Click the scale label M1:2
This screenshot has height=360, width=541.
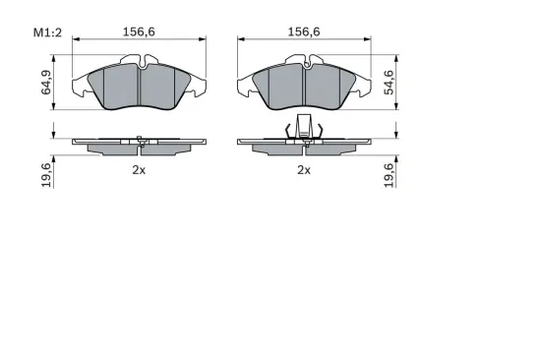(x=47, y=32)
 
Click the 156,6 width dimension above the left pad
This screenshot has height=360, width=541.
(x=139, y=31)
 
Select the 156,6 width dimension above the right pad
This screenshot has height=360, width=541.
(x=304, y=31)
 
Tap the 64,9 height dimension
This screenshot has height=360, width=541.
(x=46, y=83)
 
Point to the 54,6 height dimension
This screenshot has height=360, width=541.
(x=389, y=83)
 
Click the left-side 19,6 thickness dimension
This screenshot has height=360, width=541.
(x=46, y=175)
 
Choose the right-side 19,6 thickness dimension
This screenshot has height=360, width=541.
(x=389, y=175)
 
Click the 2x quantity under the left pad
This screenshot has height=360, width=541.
(x=139, y=170)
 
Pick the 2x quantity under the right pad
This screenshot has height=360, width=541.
(x=304, y=170)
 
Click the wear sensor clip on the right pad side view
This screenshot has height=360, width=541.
(x=304, y=127)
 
